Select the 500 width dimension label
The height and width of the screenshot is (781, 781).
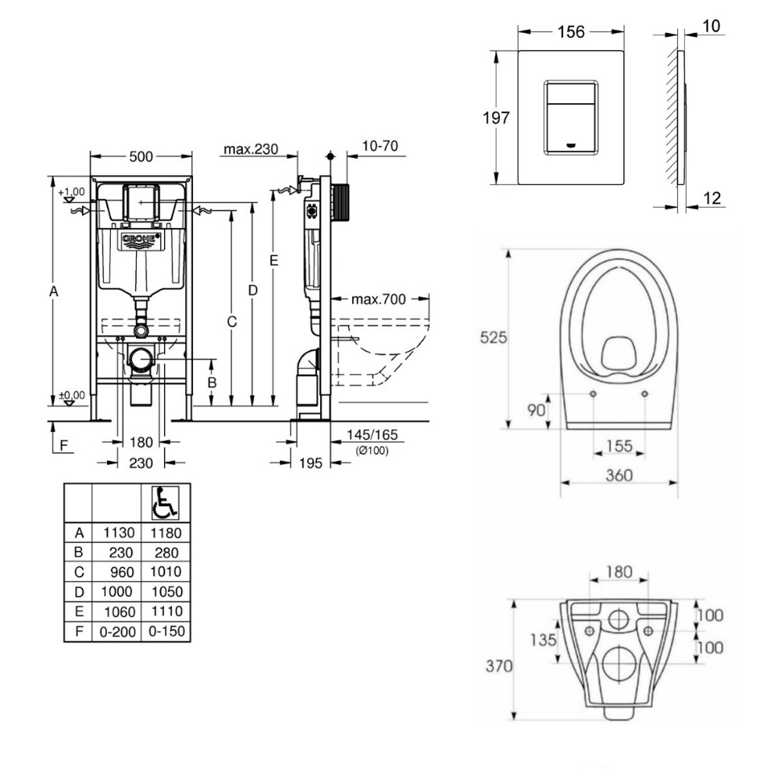coord(140,156)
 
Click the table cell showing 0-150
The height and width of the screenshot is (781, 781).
coord(165,630)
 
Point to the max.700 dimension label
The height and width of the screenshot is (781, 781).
coord(378,298)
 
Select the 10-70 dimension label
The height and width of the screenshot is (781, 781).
coord(380,147)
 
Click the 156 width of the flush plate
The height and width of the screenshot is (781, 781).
coord(572,32)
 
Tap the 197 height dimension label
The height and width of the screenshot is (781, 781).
coord(497,118)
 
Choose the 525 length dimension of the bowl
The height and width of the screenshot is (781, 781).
coord(494,337)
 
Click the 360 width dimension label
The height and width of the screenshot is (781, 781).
coord(619,476)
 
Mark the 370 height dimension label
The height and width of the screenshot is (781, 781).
coord(497,666)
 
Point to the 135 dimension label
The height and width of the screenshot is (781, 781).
coord(545,640)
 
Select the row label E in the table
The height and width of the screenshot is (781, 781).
coord(78,611)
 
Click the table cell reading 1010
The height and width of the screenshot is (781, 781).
coord(165,572)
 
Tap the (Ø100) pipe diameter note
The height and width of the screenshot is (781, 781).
coord(372,451)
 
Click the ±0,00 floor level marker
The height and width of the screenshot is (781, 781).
coord(71,395)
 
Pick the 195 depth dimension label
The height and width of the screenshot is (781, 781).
coord(310,463)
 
